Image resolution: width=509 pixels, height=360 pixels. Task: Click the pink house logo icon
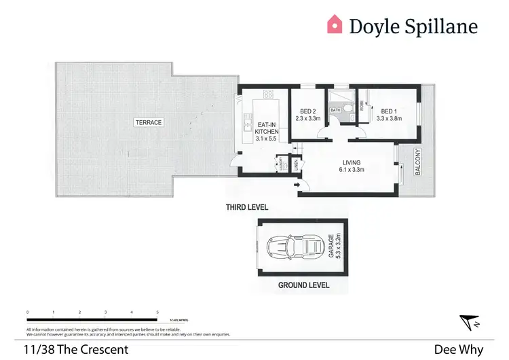tap(335, 25)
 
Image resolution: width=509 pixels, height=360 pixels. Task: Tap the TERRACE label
tap(147, 122)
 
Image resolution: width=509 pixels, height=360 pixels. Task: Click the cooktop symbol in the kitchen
tap(268, 94)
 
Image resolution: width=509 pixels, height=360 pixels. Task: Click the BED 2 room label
tap(307, 111)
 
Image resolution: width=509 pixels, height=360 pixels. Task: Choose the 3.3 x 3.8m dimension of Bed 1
tap(390, 118)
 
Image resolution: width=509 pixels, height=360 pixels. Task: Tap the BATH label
tap(335, 109)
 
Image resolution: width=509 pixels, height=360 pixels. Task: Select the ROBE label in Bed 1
tap(362, 105)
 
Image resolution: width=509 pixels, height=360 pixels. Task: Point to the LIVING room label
tap(351, 162)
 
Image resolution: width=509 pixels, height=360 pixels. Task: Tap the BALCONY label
tap(419, 162)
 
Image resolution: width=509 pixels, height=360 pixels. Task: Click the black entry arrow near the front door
tap(297, 184)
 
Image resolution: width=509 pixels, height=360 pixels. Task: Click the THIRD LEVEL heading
tap(247, 206)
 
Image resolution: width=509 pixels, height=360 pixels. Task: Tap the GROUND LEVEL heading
tap(303, 285)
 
